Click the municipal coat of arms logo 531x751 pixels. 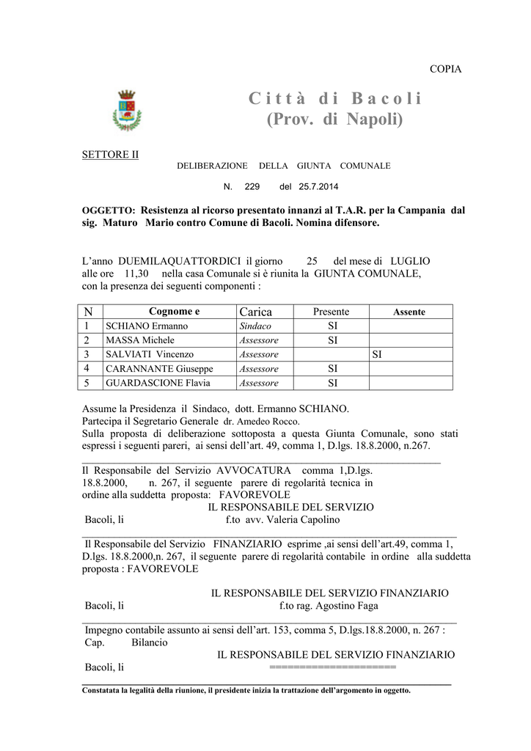(x=126, y=110)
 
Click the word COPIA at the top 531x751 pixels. (x=445, y=69)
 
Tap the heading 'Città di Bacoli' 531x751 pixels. (x=334, y=98)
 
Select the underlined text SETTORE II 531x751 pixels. (x=109, y=154)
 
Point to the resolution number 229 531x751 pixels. (x=252, y=187)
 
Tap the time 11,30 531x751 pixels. (x=139, y=273)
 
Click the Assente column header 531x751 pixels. (x=409, y=312)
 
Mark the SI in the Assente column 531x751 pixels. (x=377, y=354)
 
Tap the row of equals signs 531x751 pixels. (x=332, y=667)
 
